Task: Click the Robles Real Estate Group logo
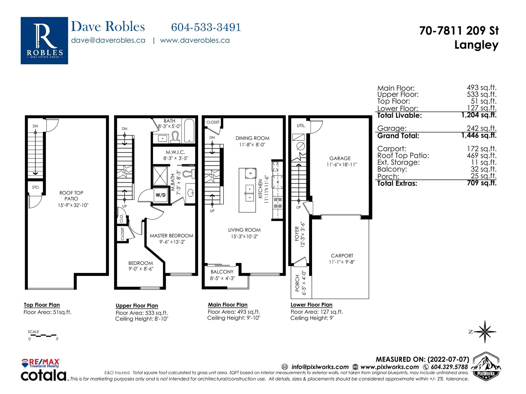pyautogui.click(x=44, y=40)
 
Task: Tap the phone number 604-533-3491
pyautogui.click(x=206, y=27)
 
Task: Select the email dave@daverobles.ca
pyautogui.click(x=108, y=40)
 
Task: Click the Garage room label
pyautogui.click(x=340, y=158)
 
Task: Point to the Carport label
pyautogui.click(x=342, y=256)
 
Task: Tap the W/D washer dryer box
pyautogui.click(x=160, y=195)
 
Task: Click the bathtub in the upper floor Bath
pyautogui.click(x=189, y=131)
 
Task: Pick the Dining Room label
pyautogui.click(x=252, y=138)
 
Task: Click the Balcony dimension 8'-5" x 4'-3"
pyautogui.click(x=222, y=278)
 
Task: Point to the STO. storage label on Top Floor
pyautogui.click(x=36, y=187)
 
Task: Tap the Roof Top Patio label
pyautogui.click(x=71, y=196)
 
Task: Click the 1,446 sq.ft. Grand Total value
pyautogui.click(x=479, y=135)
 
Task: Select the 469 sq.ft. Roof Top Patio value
pyautogui.click(x=482, y=156)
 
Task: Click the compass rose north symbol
pyautogui.click(x=485, y=332)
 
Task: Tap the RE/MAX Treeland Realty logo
pyautogui.click(x=40, y=363)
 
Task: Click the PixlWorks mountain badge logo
pyautogui.click(x=486, y=366)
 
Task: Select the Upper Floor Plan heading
pyautogui.click(x=137, y=306)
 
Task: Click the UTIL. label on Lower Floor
pyautogui.click(x=301, y=126)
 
